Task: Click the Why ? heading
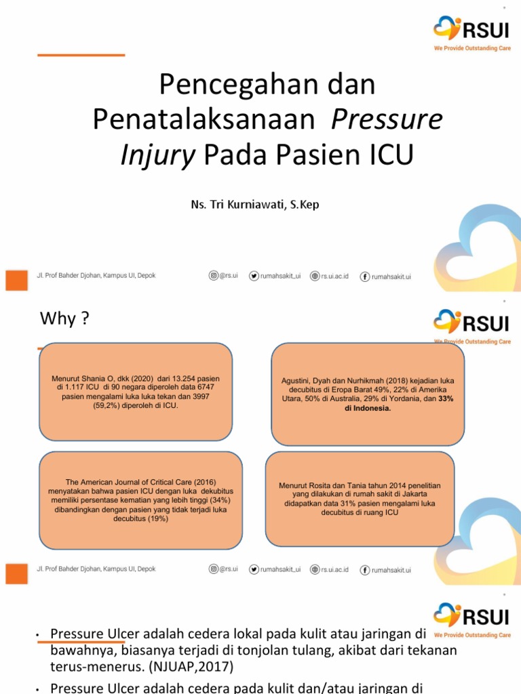[x=64, y=319]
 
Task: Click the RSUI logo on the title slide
[x=472, y=30]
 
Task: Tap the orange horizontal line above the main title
[x=81, y=55]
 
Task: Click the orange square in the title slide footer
[x=16, y=280]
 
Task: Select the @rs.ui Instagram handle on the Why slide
[x=224, y=569]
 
